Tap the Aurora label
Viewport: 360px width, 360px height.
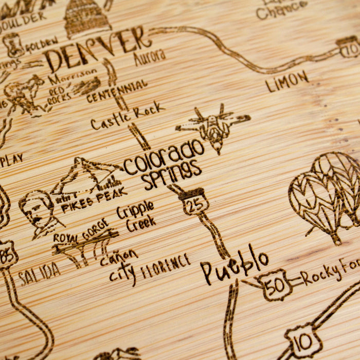(150, 57)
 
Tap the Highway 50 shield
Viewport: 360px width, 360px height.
(276, 284)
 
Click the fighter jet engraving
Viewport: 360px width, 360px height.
(213, 126)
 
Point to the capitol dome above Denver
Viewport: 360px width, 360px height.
(87, 18)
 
